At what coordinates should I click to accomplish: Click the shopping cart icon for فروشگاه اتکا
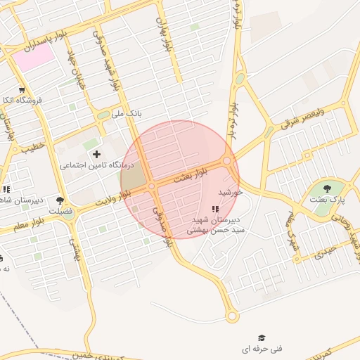[22, 90]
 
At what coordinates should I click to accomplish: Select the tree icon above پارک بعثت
[328, 188]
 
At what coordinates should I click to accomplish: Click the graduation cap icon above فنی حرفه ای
[262, 338]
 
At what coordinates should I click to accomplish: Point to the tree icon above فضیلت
[60, 200]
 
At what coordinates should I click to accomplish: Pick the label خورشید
[230, 191]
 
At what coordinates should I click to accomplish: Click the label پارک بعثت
[327, 200]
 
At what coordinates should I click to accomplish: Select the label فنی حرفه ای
[262, 349]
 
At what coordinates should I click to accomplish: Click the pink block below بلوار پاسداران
[34, 57]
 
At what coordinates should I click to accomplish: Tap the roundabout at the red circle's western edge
[152, 186]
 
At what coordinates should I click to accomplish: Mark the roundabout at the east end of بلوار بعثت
[227, 161]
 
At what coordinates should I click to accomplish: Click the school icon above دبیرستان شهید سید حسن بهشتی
[215, 209]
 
